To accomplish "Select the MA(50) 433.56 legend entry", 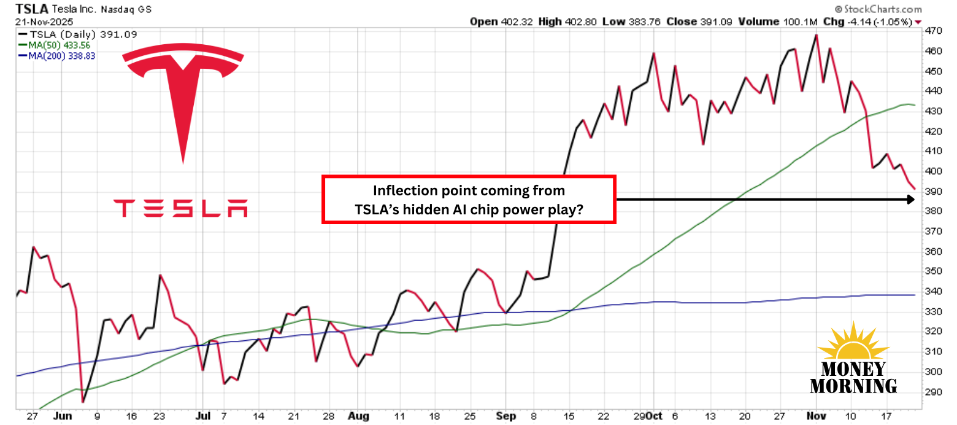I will click(x=58, y=45).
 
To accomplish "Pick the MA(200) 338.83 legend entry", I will click(x=60, y=55).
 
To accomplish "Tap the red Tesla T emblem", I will click(x=183, y=92).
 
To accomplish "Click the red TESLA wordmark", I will click(x=181, y=208).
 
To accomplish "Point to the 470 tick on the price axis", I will click(x=933, y=31).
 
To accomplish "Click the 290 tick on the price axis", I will click(x=933, y=392).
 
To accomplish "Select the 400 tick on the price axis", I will click(x=933, y=171).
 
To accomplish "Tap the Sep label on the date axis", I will click(x=507, y=416).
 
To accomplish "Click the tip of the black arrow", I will click(x=912, y=199).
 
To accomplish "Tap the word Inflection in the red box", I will click(x=402, y=190).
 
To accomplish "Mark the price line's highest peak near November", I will click(x=816, y=35).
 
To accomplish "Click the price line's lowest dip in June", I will click(x=82, y=402).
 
